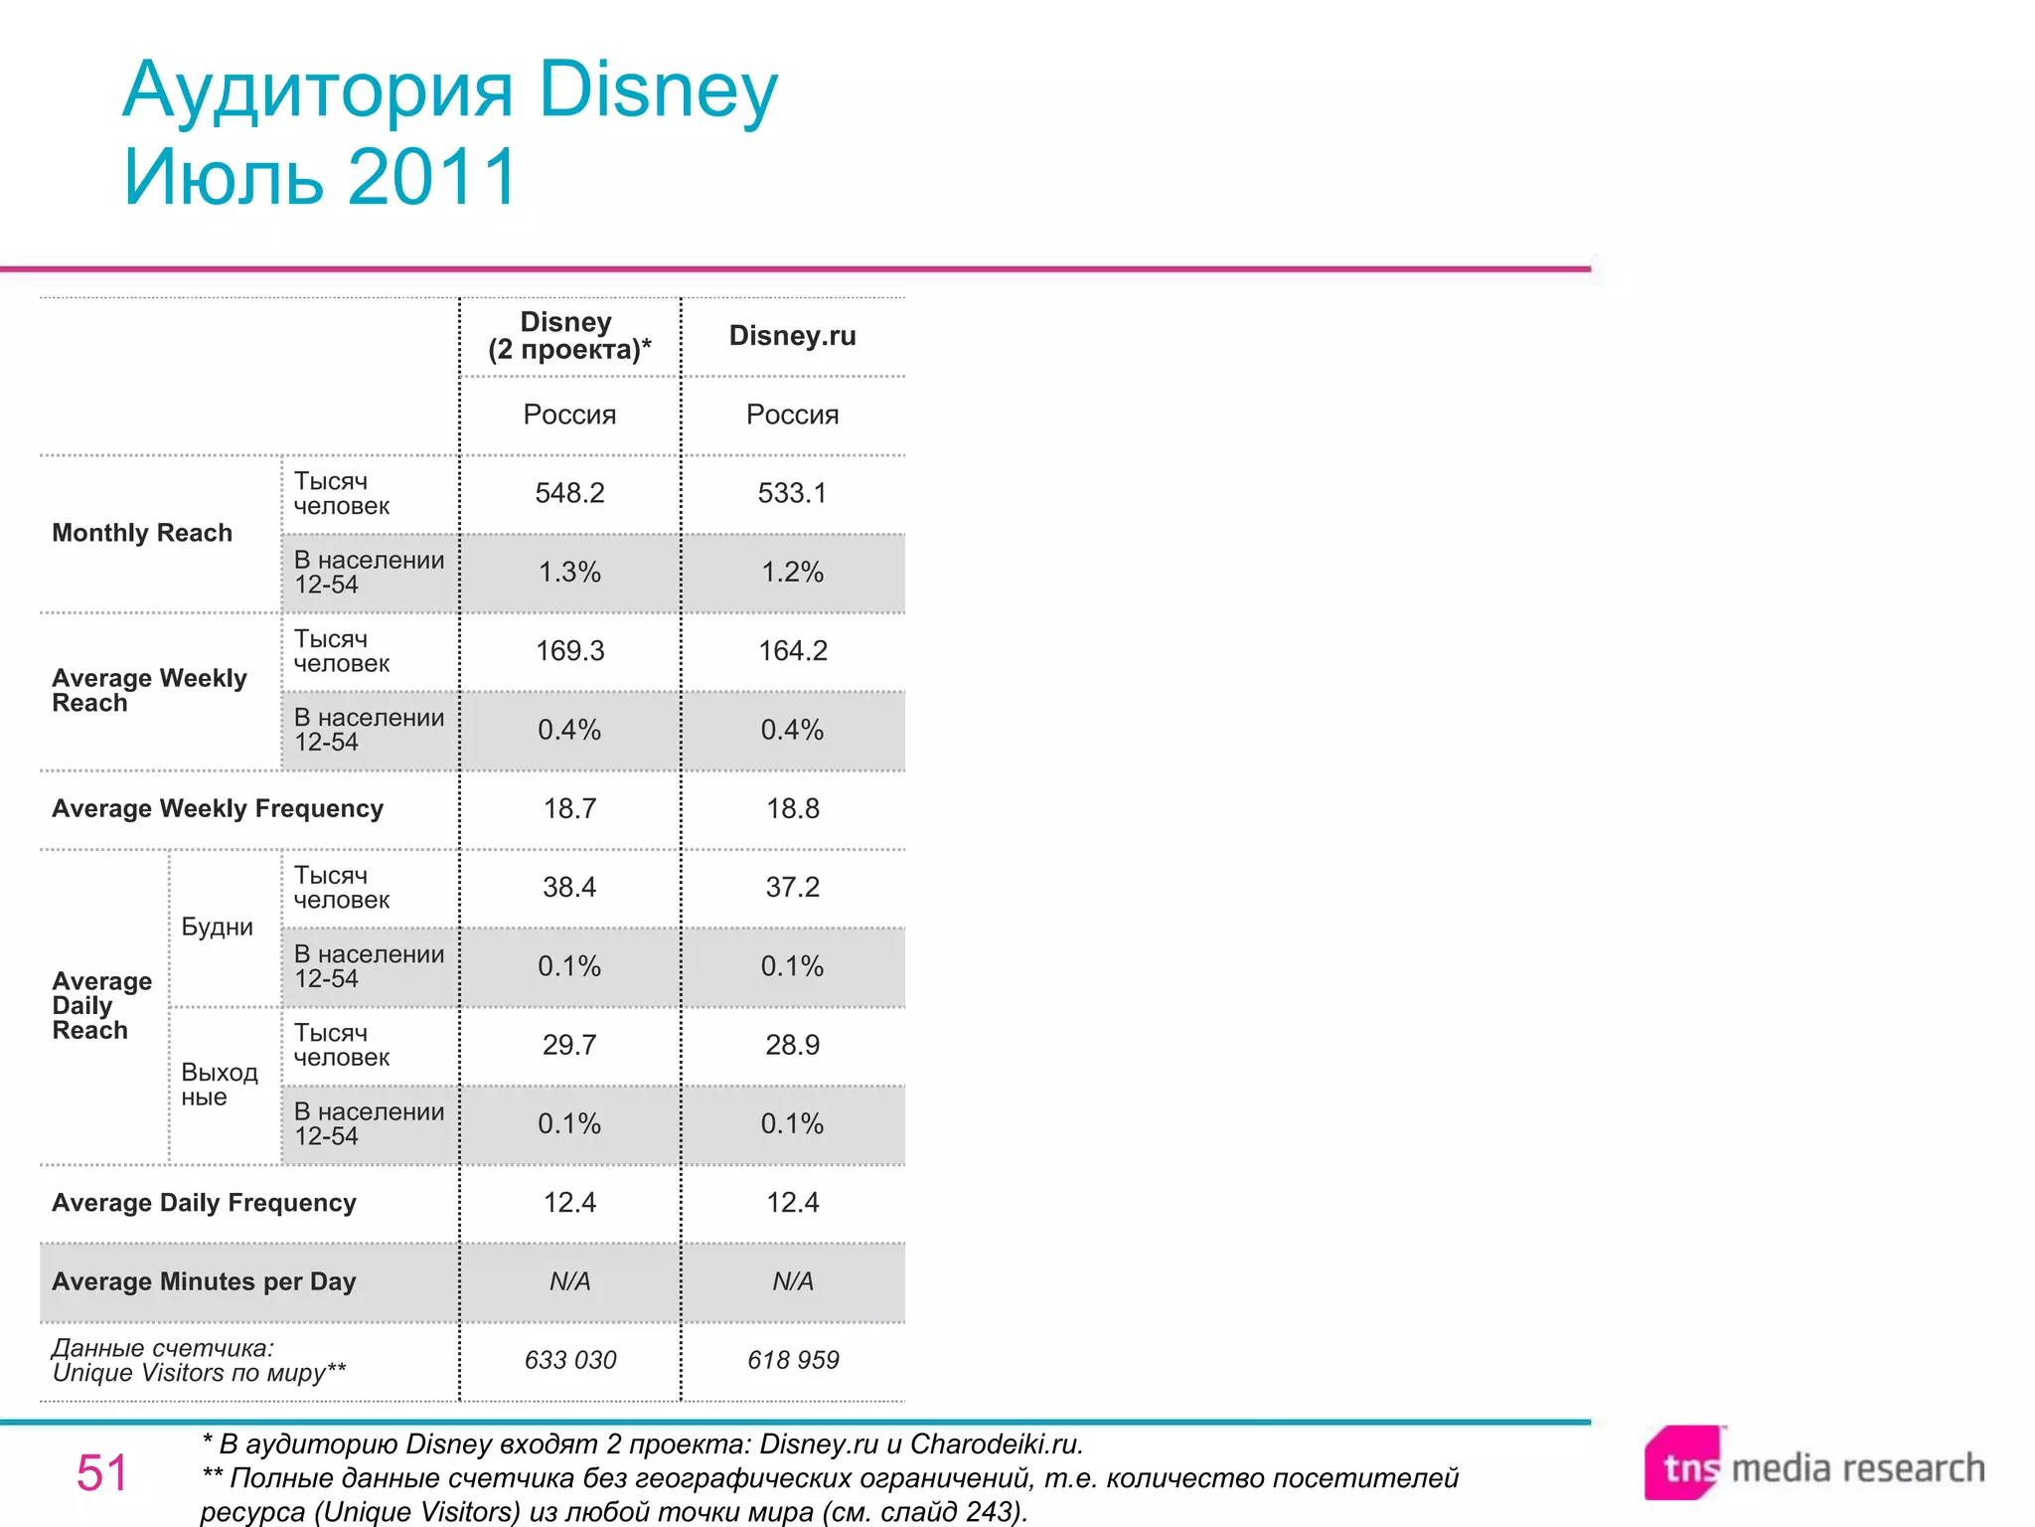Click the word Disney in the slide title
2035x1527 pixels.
658,89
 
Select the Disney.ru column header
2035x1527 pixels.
792,336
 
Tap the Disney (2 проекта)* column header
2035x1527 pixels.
569,336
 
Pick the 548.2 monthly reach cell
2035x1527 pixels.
569,493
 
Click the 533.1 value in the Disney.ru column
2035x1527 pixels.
792,493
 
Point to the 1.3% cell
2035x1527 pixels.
569,573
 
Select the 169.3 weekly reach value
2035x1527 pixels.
569,651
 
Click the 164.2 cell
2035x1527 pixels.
792,651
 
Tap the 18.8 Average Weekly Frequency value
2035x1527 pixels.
792,808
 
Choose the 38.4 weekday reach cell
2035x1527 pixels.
569,887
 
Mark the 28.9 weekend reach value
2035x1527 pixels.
792,1045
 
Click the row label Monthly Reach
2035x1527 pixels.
142,533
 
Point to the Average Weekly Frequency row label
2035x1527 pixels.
218,808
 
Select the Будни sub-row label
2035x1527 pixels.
217,927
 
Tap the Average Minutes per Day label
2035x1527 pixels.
204,1281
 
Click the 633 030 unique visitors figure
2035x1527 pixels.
570,1360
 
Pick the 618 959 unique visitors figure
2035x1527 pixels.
793,1360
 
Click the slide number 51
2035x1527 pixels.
102,1472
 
